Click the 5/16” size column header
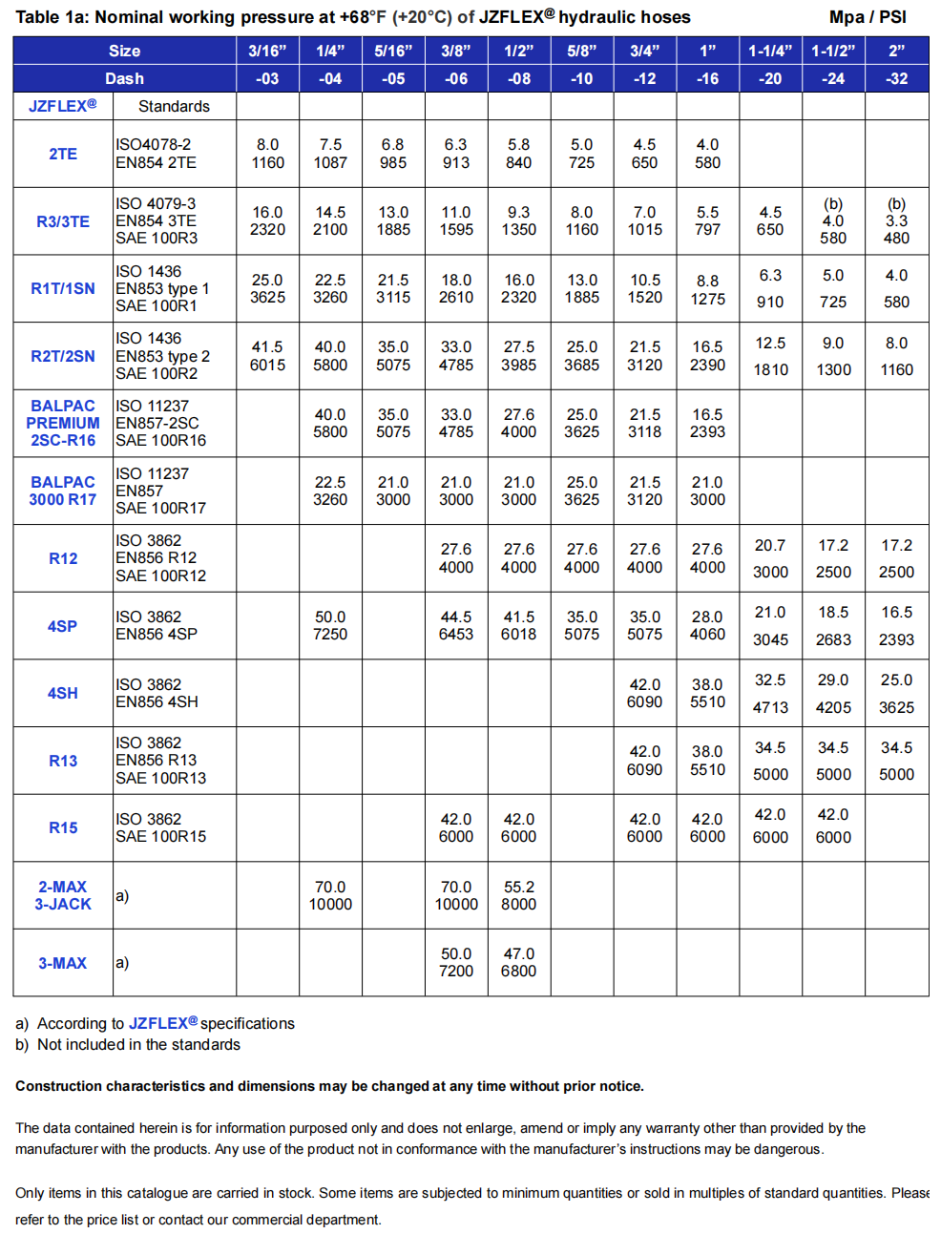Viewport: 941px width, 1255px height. [x=393, y=51]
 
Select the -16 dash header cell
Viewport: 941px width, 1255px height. [x=707, y=78]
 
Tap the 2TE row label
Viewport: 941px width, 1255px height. [x=63, y=154]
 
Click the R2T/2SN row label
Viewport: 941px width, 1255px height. [x=63, y=356]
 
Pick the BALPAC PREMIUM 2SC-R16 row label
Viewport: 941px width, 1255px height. [x=63, y=423]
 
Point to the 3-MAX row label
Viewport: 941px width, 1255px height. [x=63, y=963]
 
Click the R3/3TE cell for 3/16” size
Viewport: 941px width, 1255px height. [x=267, y=220]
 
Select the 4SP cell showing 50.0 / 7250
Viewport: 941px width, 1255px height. [x=330, y=625]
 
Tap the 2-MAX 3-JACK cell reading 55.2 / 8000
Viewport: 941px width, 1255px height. [x=518, y=895]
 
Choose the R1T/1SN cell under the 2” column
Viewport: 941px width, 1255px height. [x=896, y=288]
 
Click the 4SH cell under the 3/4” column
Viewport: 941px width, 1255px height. [x=644, y=693]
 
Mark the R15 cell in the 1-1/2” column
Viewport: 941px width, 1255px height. [x=833, y=826]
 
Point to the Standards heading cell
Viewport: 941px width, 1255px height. [x=174, y=106]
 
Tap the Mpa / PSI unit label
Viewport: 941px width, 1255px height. [x=868, y=17]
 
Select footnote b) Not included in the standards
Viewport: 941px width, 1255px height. [x=128, y=1044]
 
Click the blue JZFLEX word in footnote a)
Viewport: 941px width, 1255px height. [x=158, y=1023]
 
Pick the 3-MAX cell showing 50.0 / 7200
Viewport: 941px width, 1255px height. [x=455, y=962]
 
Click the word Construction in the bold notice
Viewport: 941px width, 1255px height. [x=58, y=1086]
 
